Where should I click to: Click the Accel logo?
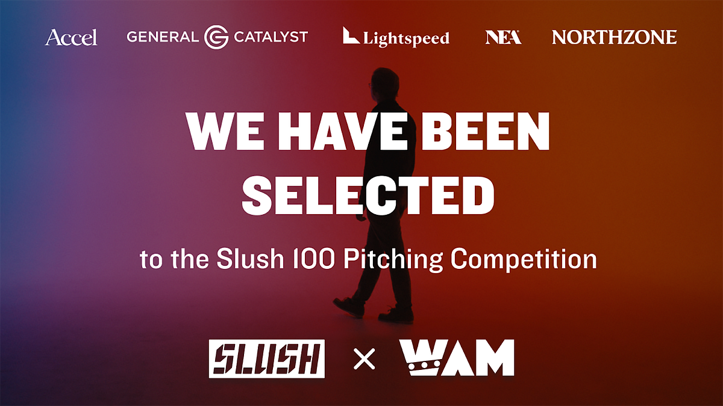[71, 37]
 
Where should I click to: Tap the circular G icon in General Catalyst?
[216, 37]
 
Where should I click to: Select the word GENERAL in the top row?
[162, 37]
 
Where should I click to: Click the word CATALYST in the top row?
[271, 37]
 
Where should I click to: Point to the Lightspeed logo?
[396, 37]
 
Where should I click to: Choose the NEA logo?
[503, 37]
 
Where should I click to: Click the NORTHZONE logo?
[614, 37]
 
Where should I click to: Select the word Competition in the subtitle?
[524, 260]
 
